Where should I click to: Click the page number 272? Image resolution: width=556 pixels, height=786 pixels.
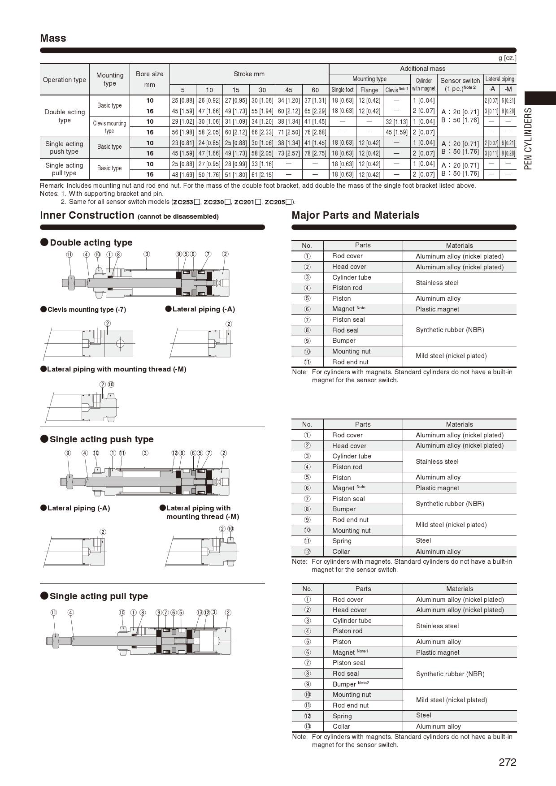(x=507, y=762)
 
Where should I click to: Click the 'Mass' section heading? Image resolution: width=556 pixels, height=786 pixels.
(x=53, y=38)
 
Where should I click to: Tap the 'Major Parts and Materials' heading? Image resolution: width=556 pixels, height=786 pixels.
(x=355, y=215)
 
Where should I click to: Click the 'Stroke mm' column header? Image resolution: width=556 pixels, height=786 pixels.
(x=249, y=74)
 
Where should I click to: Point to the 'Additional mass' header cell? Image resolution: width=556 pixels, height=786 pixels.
(x=422, y=69)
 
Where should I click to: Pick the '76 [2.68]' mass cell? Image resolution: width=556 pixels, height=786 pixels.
(x=315, y=132)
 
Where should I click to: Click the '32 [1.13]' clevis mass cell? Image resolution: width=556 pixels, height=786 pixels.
(x=396, y=121)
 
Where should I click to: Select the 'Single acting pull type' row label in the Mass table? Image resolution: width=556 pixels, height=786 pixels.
(x=64, y=169)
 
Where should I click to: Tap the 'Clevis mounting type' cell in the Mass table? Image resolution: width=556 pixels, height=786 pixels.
(x=109, y=127)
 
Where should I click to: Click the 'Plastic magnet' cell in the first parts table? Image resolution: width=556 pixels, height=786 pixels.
(x=437, y=309)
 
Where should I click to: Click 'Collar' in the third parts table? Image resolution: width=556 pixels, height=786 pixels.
(x=341, y=726)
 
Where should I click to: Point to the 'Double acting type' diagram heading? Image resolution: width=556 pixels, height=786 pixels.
(x=91, y=242)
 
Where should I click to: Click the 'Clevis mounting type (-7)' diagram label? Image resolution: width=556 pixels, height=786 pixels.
(x=87, y=310)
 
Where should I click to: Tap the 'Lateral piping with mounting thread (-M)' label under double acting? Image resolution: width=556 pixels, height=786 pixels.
(x=116, y=369)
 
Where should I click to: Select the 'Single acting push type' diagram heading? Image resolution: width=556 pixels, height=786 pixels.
(x=101, y=439)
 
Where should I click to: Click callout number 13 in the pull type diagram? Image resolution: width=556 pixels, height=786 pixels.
(x=200, y=613)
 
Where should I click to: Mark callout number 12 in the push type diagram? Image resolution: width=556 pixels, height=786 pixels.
(x=174, y=453)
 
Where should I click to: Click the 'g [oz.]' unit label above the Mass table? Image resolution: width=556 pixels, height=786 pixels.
(x=507, y=58)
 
